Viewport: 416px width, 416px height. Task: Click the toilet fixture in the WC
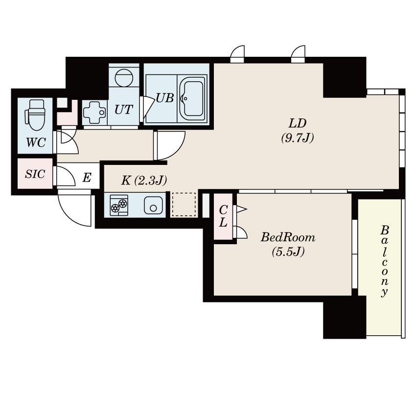35,115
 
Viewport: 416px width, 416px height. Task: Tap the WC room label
36,143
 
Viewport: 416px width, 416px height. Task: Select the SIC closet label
35,174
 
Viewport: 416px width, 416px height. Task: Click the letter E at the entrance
87,177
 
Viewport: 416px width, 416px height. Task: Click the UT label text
124,109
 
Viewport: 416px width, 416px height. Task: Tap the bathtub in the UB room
192,99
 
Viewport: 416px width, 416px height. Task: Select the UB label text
165,98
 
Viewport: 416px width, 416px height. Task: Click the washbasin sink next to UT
94,113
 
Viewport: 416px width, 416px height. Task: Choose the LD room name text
298,123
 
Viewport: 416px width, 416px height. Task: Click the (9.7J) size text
298,138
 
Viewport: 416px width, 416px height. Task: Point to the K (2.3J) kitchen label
144,181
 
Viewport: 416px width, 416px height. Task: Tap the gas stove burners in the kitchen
119,205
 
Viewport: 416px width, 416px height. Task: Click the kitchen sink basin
153,206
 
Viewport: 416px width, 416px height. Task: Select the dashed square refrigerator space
184,205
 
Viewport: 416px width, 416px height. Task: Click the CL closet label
223,216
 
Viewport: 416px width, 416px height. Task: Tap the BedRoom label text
288,237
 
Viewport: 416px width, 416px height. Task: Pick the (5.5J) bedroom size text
288,252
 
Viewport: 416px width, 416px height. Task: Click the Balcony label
384,261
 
